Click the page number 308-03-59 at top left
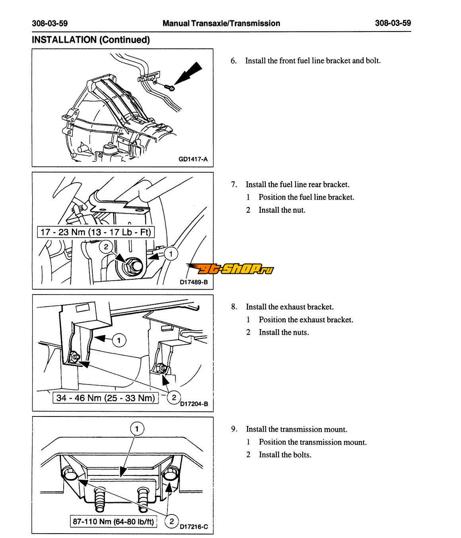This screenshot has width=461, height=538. click(50, 23)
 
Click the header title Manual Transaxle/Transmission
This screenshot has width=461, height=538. click(221, 23)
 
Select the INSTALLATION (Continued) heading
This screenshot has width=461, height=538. click(91, 40)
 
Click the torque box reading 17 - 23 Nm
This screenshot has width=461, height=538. click(95, 232)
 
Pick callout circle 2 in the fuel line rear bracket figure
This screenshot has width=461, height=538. click(106, 247)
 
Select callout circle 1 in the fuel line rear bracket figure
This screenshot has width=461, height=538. click(171, 253)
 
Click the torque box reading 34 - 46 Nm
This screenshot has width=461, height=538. click(105, 397)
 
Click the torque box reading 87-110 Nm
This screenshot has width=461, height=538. click(113, 521)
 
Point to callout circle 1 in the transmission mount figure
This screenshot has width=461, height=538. click(137, 429)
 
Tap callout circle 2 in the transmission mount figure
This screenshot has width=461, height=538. click(172, 521)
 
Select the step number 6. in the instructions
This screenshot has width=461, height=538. click(233, 61)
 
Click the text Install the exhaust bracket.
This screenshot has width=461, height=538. click(290, 307)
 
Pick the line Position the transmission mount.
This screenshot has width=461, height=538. click(313, 442)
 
